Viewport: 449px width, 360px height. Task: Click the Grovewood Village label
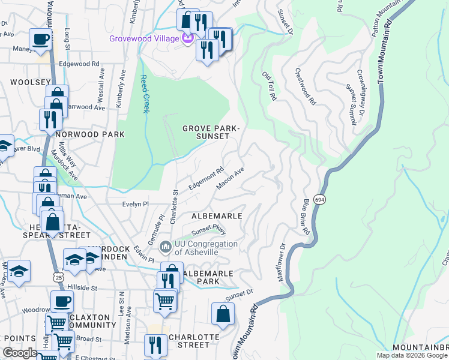click(144, 39)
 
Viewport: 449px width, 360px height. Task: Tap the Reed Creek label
click(144, 94)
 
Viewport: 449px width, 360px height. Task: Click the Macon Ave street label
click(230, 178)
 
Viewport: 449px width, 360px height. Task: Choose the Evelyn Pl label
click(135, 204)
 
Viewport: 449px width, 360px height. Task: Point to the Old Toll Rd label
click(270, 86)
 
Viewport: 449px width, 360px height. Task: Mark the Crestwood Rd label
click(305, 87)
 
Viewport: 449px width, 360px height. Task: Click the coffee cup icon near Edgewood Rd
click(40, 40)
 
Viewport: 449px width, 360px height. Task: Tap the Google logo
click(20, 353)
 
